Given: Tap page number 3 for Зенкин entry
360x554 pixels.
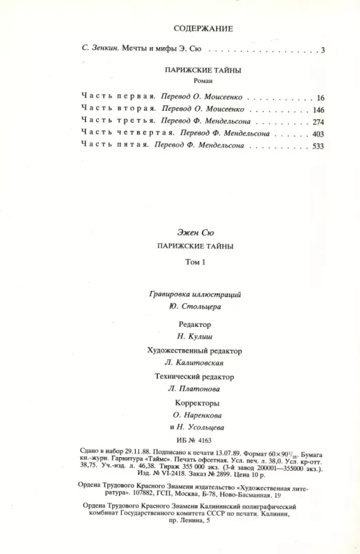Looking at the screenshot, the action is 323,50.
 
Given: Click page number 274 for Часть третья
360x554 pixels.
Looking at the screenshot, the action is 318,123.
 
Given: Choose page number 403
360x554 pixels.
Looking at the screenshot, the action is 318,134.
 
